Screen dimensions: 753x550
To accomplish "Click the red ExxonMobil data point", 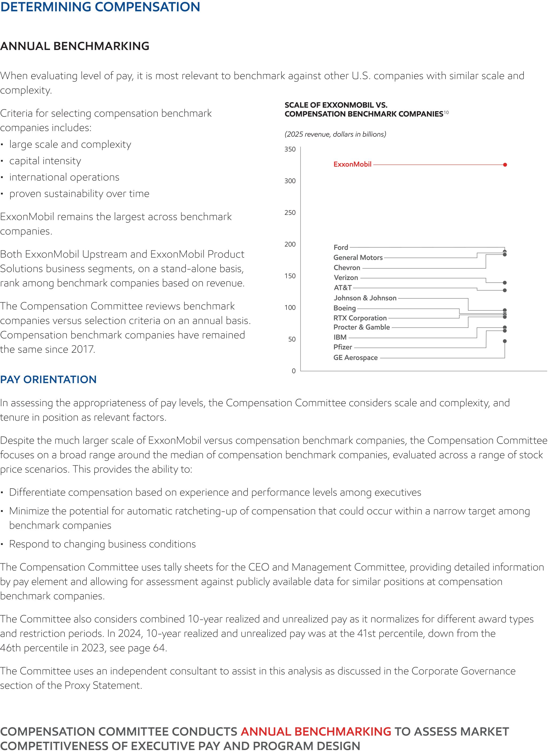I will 505,164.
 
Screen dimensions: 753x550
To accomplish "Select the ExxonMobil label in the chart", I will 352,164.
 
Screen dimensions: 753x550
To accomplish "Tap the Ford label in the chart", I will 340,247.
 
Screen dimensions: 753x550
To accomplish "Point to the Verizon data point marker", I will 505,283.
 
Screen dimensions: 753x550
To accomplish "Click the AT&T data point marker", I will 505,290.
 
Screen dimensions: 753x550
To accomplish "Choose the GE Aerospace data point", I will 505,341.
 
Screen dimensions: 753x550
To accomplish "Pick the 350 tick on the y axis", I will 290,149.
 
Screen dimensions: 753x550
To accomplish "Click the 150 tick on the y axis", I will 290,276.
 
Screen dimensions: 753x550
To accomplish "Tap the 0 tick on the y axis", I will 293,371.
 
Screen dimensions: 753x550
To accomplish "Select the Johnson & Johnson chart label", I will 365,298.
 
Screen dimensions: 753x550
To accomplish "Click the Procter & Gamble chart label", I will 362,327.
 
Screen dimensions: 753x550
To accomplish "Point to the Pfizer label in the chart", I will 343,347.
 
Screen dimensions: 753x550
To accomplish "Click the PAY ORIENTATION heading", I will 48,379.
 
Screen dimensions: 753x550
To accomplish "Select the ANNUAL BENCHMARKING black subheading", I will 75,46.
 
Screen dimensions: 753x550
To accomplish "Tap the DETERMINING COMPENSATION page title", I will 100,7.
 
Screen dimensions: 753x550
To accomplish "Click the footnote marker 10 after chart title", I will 446,113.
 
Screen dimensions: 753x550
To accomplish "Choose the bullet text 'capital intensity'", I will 45,161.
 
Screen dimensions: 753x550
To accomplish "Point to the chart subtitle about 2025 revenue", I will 335,134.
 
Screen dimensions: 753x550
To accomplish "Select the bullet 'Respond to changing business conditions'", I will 102,544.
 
